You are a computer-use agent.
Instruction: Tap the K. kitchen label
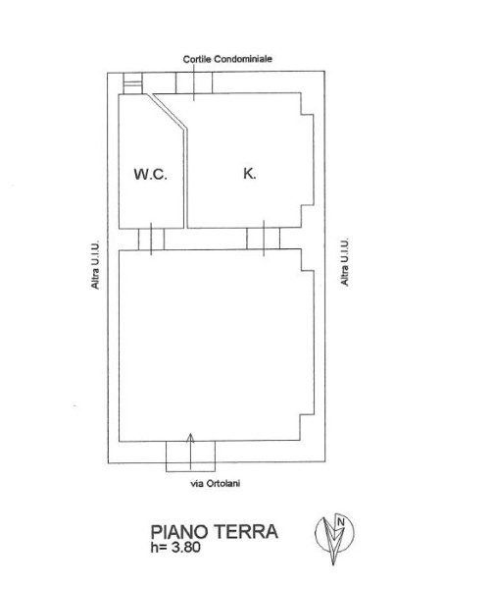point(250,173)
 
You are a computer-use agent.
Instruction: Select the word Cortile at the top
point(198,59)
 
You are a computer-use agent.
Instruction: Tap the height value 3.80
point(185,548)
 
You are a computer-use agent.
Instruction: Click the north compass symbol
point(333,535)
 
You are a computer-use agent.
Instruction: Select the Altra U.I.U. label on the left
point(95,265)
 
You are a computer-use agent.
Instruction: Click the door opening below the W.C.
point(151,239)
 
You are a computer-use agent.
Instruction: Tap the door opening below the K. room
point(264,239)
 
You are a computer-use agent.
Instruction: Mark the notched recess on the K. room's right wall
point(308,157)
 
